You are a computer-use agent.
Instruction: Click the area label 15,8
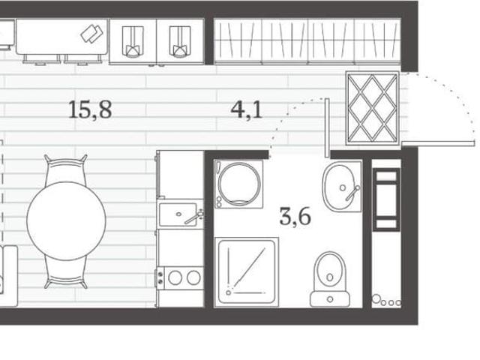[90, 109]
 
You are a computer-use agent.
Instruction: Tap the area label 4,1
[247, 109]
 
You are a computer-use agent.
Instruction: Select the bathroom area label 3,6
[295, 216]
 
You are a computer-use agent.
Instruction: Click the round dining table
[66, 220]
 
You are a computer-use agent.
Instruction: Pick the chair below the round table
[66, 273]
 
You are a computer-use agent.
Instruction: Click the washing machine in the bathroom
[238, 184]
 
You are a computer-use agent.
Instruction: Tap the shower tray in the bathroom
[247, 271]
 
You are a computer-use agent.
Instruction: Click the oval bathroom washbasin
[339, 187]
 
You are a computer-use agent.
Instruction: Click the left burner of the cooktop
[175, 278]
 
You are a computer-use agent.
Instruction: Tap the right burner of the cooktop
[193, 278]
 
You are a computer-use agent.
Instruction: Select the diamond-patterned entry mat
[373, 108]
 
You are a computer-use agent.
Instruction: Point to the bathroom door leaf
[327, 127]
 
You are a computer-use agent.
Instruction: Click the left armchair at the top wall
[133, 42]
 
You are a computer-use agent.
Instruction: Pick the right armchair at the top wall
[180, 42]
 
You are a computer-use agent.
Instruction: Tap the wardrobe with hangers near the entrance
[307, 41]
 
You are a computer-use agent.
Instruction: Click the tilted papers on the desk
[91, 33]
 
